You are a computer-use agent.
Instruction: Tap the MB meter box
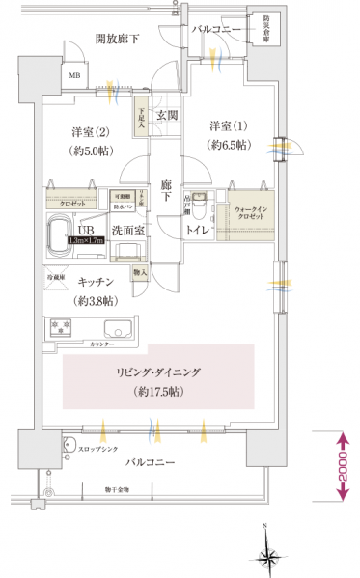(74, 73)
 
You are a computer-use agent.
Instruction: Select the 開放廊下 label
(118, 40)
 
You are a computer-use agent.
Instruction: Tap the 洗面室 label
(127, 231)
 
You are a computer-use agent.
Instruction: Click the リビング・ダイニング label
(161, 372)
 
